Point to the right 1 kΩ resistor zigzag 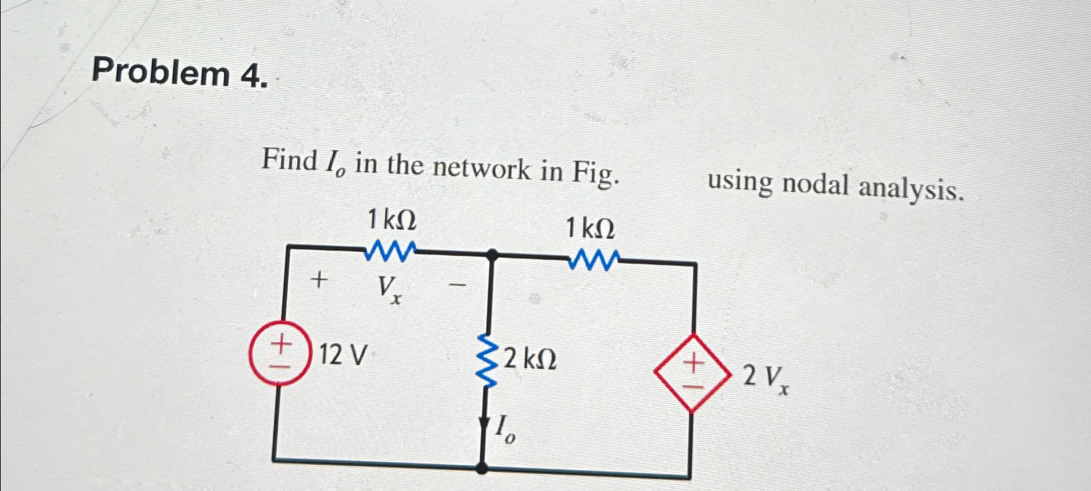click(593, 262)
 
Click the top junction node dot click(492, 255)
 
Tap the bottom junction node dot click(482, 466)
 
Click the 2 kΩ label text click(530, 359)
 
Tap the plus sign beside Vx click(319, 281)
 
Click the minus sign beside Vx click(459, 285)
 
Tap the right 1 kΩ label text click(590, 229)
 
